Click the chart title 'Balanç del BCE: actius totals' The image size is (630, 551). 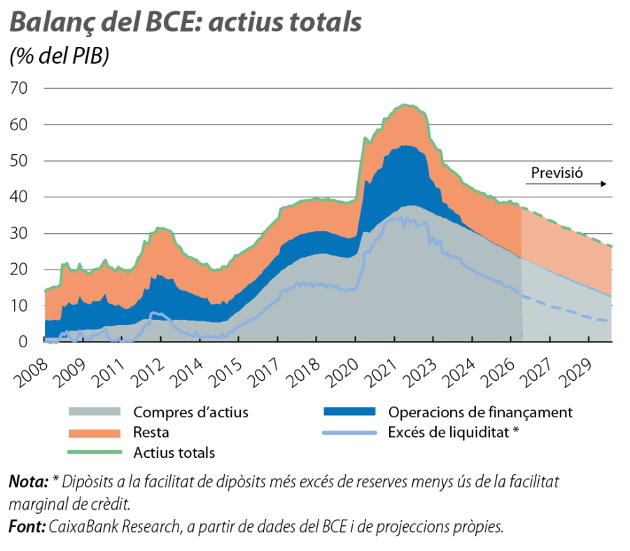coord(185,22)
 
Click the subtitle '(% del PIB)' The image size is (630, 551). coord(59,55)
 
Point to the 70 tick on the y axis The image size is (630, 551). coord(19,88)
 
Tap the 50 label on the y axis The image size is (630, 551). coord(19,161)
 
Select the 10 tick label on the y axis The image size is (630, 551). coord(19,306)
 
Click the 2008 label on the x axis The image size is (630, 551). coord(31,374)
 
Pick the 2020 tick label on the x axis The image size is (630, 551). coord(342,374)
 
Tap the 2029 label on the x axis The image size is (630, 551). coord(576,374)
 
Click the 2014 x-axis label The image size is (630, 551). coord(186,374)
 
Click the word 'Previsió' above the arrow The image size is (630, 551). coord(557,173)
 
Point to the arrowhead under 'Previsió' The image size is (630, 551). coord(603,184)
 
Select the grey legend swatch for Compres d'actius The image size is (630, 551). coord(94,412)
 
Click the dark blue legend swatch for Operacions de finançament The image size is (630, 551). coord(349,412)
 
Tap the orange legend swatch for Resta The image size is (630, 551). coord(94,433)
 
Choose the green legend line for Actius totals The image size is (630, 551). coord(94,452)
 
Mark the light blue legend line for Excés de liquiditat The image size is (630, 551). coord(349,433)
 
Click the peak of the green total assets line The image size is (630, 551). coord(406,105)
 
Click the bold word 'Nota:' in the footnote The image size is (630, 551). coord(29,482)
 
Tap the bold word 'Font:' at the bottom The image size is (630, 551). coord(27,526)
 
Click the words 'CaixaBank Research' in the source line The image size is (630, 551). coord(115,526)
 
